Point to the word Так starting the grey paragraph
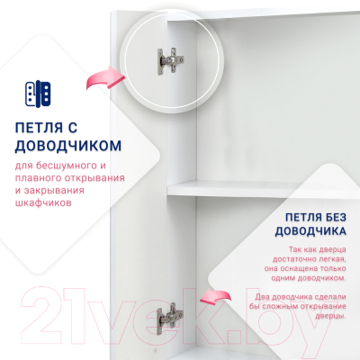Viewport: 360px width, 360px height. pos(297,248)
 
